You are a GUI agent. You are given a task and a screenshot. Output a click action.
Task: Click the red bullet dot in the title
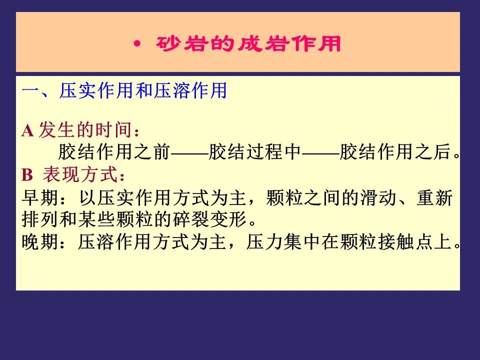coord(137,44)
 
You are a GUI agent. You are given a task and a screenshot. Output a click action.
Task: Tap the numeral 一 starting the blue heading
coord(31,90)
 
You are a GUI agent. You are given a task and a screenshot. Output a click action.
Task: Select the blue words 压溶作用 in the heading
coord(190,90)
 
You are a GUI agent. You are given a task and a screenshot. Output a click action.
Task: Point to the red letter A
coord(27,130)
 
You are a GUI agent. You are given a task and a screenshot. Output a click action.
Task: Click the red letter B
coord(27,175)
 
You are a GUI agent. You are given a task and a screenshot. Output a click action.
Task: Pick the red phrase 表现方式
coord(80,174)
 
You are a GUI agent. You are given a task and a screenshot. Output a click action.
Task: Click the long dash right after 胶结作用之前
coord(189,152)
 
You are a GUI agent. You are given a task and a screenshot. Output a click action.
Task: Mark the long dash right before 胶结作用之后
coord(320,152)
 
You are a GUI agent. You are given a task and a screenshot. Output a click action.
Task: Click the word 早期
coord(40,198)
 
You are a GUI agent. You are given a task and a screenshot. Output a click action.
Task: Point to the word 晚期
coord(40,242)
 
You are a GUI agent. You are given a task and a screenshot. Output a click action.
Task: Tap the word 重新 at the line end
coord(434,198)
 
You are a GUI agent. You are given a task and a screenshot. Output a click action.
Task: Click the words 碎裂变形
coord(209,220)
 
